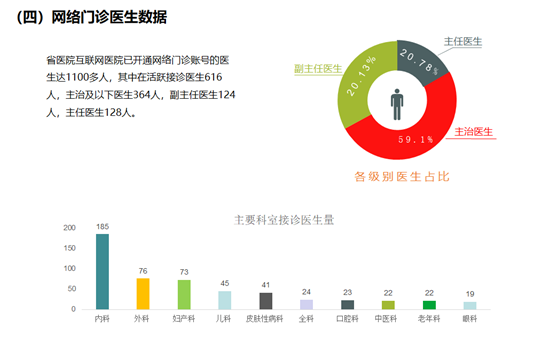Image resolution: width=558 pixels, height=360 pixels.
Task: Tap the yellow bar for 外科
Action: coord(143,293)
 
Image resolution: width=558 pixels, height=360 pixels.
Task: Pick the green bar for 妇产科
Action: coord(184,294)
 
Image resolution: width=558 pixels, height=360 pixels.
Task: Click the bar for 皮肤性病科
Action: coord(266,300)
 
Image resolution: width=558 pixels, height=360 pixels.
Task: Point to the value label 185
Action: coord(102,227)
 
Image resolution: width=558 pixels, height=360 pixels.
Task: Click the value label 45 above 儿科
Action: coord(225,283)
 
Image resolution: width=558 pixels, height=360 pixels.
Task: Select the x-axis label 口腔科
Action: coord(347,319)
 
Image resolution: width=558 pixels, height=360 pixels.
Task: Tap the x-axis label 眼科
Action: coord(470,319)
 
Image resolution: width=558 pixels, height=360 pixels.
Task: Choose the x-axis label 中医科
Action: coord(388,319)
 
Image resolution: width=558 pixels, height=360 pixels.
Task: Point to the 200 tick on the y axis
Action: coord(70,228)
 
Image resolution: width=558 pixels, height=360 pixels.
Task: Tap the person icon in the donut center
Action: coord(398,102)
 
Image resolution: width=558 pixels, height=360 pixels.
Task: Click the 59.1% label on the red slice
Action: coord(416,140)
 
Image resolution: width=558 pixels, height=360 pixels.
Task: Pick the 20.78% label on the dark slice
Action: coord(419,59)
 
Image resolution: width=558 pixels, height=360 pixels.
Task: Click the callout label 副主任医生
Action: coord(318,68)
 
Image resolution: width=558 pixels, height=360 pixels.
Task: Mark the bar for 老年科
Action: coord(429,304)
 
